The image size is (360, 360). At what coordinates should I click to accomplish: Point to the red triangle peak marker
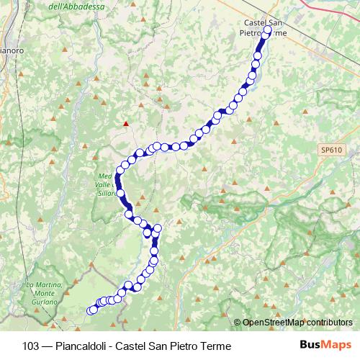click(x=127, y=124)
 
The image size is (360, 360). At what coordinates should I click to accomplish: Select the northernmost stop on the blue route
click(x=267, y=32)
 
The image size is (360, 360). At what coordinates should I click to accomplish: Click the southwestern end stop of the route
click(x=91, y=311)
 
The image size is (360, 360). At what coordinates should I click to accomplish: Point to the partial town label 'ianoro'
click(x=11, y=51)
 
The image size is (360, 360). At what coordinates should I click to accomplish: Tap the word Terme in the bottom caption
click(x=216, y=346)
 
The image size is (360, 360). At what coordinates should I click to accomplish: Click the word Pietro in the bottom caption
click(x=185, y=346)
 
